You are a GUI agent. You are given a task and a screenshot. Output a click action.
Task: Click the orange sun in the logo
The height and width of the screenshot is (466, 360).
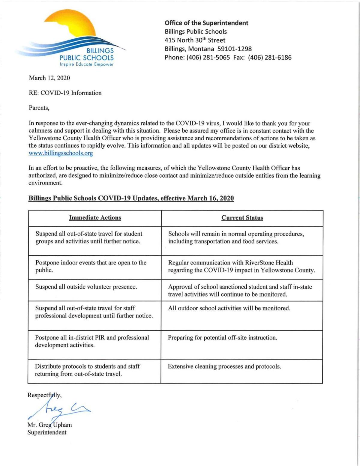pyautogui.click(x=75, y=25)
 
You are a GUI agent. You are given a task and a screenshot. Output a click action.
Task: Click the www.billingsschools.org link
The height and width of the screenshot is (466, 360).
pyautogui.click(x=61, y=153)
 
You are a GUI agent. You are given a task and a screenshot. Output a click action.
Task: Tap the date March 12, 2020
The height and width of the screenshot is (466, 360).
pyautogui.click(x=49, y=78)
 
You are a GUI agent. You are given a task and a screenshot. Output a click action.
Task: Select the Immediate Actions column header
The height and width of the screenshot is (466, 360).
pyautogui.click(x=95, y=218)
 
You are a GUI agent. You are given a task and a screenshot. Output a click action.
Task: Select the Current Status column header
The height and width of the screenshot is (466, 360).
pyautogui.click(x=242, y=218)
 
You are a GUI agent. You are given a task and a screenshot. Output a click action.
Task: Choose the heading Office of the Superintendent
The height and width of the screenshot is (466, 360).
pyautogui.click(x=206, y=23)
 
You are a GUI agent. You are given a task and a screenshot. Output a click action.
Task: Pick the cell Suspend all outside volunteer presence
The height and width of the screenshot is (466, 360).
pyautogui.click(x=86, y=287)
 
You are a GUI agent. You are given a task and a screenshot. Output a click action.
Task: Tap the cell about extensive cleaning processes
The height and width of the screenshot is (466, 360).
pyautogui.click(x=224, y=366)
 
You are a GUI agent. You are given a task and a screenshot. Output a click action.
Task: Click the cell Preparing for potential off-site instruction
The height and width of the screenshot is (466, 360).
pyautogui.click(x=222, y=338)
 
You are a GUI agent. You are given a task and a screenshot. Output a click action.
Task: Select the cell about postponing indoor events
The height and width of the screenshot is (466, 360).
pyautogui.click(x=91, y=266)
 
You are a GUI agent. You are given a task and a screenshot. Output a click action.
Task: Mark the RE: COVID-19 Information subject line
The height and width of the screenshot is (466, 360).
pyautogui.click(x=65, y=93)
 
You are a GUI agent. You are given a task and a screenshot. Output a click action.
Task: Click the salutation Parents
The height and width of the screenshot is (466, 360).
pyautogui.click(x=39, y=108)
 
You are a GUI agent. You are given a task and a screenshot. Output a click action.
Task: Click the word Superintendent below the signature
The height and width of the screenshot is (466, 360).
pyautogui.click(x=47, y=432)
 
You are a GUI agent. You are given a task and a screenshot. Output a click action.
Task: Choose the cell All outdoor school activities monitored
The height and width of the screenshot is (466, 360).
pyautogui.click(x=229, y=308)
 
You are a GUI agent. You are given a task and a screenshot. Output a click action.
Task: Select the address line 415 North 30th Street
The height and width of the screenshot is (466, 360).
pyautogui.click(x=195, y=40)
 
